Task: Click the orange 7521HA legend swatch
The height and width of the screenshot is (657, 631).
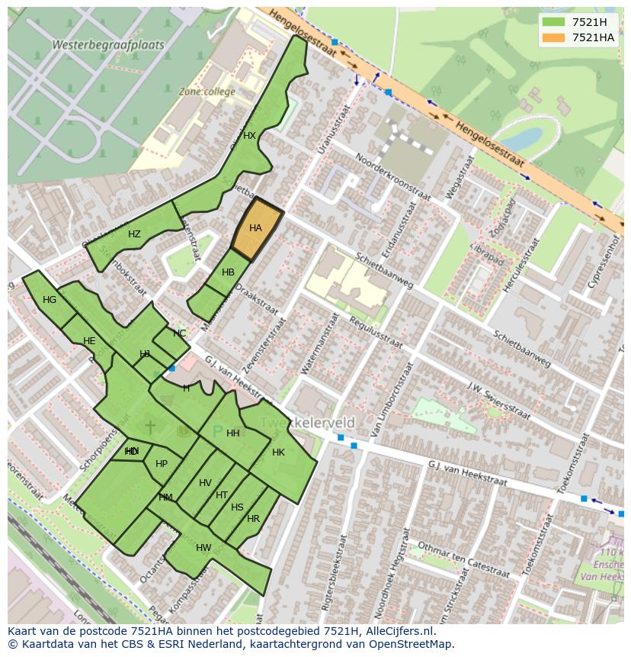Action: [555, 37]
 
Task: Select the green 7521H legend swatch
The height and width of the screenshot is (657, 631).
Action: [555, 22]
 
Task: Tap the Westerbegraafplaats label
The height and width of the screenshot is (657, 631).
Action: [107, 45]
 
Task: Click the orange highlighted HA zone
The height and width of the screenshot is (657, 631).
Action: [256, 228]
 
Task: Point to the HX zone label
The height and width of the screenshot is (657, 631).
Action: [249, 136]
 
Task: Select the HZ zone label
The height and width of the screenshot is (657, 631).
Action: [134, 234]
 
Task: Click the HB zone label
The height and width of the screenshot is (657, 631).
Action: [228, 272]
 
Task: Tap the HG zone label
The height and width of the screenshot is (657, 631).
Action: [50, 300]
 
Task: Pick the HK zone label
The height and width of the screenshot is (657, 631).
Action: [278, 452]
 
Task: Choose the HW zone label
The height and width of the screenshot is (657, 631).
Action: [203, 548]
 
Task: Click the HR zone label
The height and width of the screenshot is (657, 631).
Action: [253, 519]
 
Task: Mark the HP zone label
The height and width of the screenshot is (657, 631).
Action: [162, 464]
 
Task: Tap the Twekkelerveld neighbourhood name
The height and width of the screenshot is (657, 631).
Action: [308, 423]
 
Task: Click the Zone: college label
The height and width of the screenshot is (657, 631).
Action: [207, 92]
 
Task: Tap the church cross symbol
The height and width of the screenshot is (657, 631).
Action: [150, 426]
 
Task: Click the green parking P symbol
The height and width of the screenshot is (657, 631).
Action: [217, 433]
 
